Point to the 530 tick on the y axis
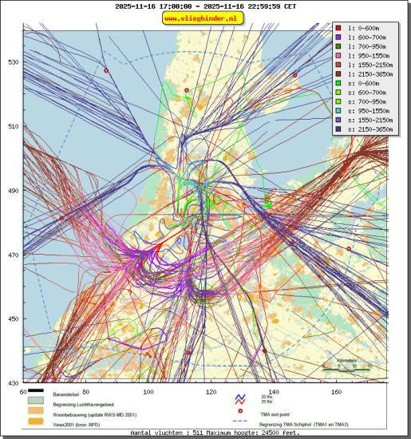(x=14, y=61)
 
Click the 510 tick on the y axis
(x=14, y=126)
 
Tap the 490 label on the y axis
(x=14, y=191)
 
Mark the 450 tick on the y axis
(x=14, y=319)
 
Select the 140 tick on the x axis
(x=274, y=392)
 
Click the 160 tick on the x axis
(x=337, y=392)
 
